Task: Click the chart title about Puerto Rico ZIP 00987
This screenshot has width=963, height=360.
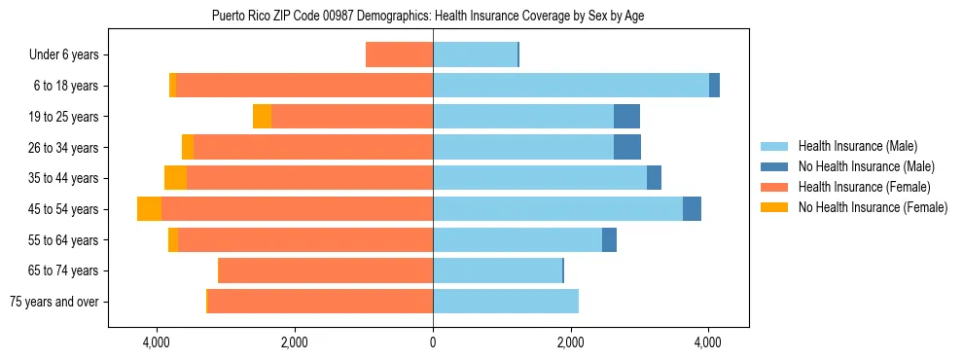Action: tap(428, 17)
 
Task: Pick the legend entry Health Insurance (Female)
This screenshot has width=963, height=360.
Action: tap(864, 187)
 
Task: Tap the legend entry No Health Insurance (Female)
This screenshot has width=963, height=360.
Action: tap(873, 207)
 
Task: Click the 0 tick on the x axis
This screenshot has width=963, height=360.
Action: tap(433, 342)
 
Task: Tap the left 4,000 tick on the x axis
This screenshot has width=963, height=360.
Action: tap(157, 342)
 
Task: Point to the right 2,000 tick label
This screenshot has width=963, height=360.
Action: tap(570, 342)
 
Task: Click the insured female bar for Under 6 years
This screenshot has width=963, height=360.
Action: tap(399, 55)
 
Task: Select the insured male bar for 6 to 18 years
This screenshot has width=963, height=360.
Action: tap(571, 86)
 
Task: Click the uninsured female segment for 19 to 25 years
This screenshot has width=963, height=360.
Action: tap(262, 117)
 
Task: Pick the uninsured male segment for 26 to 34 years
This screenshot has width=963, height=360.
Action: tap(627, 148)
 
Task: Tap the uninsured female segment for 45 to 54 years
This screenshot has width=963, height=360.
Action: tap(149, 209)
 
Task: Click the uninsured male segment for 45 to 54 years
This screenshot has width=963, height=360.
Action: tap(692, 209)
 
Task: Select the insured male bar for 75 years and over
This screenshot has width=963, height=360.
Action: tap(506, 302)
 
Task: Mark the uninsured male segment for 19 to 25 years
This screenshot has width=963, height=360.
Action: tap(626, 117)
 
